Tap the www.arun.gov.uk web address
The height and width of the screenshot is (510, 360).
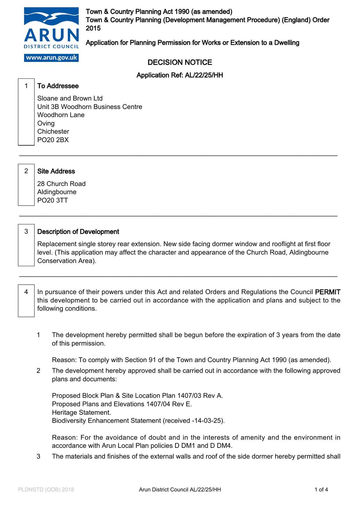[x=51, y=58]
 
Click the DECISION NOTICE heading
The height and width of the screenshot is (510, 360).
[x=180, y=62]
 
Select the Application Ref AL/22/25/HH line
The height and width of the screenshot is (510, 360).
[x=180, y=75]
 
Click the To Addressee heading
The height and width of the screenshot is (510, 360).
[x=58, y=86]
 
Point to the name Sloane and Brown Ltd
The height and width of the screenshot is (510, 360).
[x=70, y=98]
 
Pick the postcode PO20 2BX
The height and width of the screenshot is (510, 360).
[x=53, y=140]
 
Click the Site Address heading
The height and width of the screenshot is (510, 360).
[x=56, y=171]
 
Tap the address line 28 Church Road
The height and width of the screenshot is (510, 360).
[x=61, y=184]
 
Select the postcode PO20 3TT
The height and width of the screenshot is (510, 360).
[x=53, y=200]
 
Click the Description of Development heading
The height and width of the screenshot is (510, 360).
[x=78, y=232]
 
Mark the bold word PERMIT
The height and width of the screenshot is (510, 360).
[x=328, y=292]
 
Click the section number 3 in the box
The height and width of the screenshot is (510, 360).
[x=26, y=231]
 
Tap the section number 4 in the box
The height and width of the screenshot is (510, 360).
[x=26, y=292]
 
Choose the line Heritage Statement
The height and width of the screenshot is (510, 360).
[x=81, y=412]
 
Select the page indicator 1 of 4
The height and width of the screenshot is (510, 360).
[x=321, y=490]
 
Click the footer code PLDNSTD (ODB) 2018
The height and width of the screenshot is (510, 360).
[x=46, y=490]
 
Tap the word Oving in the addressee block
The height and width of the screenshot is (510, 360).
[x=46, y=123]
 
